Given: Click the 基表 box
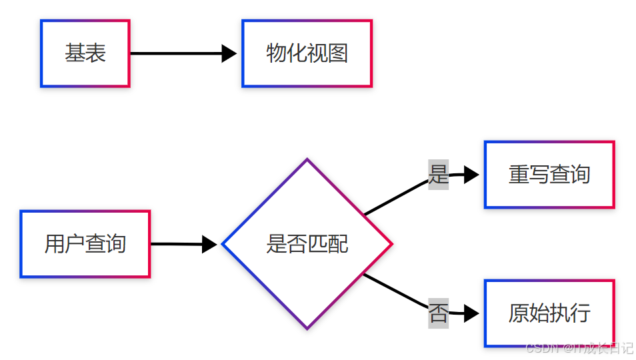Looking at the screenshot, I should click(85, 53).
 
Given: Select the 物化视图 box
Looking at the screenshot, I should click(307, 53).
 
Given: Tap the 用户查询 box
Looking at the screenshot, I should click(85, 244).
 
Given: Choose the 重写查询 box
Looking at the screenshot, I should click(549, 175).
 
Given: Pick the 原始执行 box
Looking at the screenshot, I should click(549, 313).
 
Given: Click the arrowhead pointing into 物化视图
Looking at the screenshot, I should click(229, 53).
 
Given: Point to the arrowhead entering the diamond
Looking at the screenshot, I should click(209, 245).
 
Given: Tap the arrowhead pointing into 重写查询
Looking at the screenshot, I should click(471, 175).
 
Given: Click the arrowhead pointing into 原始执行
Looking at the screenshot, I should click(471, 313).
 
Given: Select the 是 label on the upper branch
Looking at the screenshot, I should click(438, 175).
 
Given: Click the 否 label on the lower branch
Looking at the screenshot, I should click(438, 313).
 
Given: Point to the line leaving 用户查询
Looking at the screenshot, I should click(176, 244).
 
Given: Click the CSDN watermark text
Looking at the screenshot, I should click(579, 348).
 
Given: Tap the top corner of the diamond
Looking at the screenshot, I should click(307, 160).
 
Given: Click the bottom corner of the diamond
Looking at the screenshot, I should click(307, 328).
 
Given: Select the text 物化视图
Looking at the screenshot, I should click(307, 53).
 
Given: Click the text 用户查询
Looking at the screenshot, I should click(85, 244).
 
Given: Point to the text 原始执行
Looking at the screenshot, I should click(549, 313).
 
